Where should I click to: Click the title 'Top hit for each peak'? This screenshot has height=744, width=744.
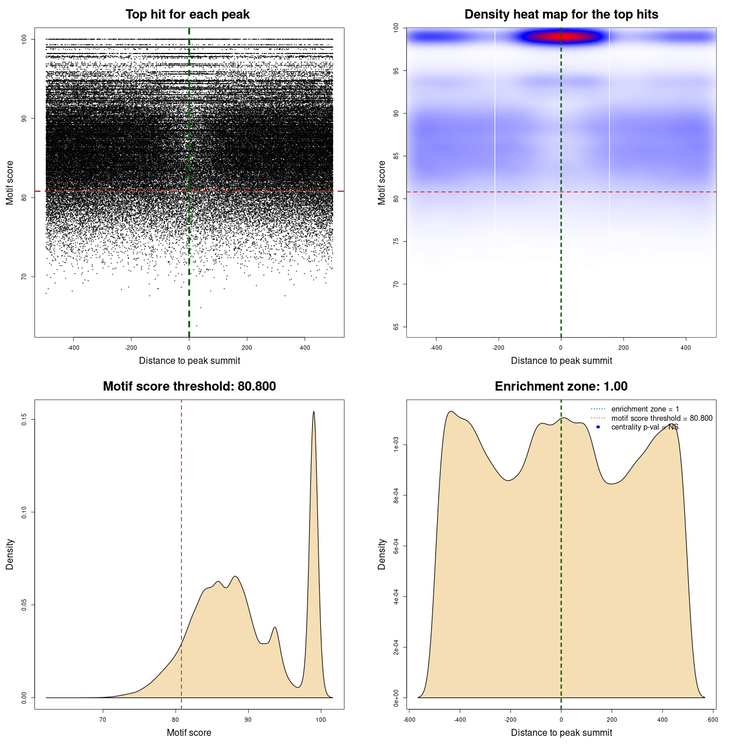[188, 15]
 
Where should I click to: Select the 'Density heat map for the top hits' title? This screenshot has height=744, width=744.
[561, 15]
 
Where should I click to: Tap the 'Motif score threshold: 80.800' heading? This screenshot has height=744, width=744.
[189, 387]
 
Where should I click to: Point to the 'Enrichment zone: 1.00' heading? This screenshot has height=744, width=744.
[561, 387]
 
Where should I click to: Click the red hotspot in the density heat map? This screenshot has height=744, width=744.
[561, 37]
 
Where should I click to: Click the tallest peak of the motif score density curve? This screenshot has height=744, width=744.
[314, 412]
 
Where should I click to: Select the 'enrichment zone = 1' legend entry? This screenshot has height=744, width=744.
[645, 409]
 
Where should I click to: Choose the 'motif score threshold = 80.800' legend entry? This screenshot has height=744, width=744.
[661, 418]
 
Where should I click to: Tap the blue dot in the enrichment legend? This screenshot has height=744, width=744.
[598, 427]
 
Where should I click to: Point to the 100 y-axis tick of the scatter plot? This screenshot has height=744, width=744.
[24, 39]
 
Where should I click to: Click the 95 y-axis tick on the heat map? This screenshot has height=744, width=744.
[396, 71]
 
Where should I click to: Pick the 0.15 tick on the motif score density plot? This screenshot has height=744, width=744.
[24, 419]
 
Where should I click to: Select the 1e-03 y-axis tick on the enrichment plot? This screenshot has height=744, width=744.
[396, 445]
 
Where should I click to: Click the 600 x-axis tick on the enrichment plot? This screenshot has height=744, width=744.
[713, 720]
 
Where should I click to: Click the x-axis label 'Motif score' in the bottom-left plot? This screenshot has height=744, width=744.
[189, 732]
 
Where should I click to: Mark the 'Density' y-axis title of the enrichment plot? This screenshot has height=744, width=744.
[382, 554]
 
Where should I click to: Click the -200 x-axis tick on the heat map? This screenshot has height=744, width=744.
[498, 348]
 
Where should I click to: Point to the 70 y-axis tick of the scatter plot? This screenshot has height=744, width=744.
[24, 277]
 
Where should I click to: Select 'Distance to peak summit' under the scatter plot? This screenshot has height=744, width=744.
[189, 360]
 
